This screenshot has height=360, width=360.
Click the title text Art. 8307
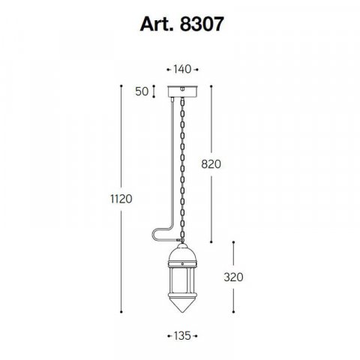[x=181, y=24]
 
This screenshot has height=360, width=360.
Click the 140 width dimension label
[x=182, y=69]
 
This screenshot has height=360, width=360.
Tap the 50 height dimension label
[x=142, y=91]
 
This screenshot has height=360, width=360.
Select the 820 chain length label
[x=211, y=164]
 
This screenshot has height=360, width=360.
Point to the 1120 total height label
[x=121, y=199]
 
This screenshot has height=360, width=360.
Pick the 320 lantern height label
[x=233, y=277]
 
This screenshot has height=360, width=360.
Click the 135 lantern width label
[x=182, y=336]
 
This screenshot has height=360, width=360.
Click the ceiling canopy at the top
[x=183, y=91]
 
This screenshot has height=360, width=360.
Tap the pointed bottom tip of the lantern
[x=182, y=312]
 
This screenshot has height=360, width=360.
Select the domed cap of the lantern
[x=182, y=253]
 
